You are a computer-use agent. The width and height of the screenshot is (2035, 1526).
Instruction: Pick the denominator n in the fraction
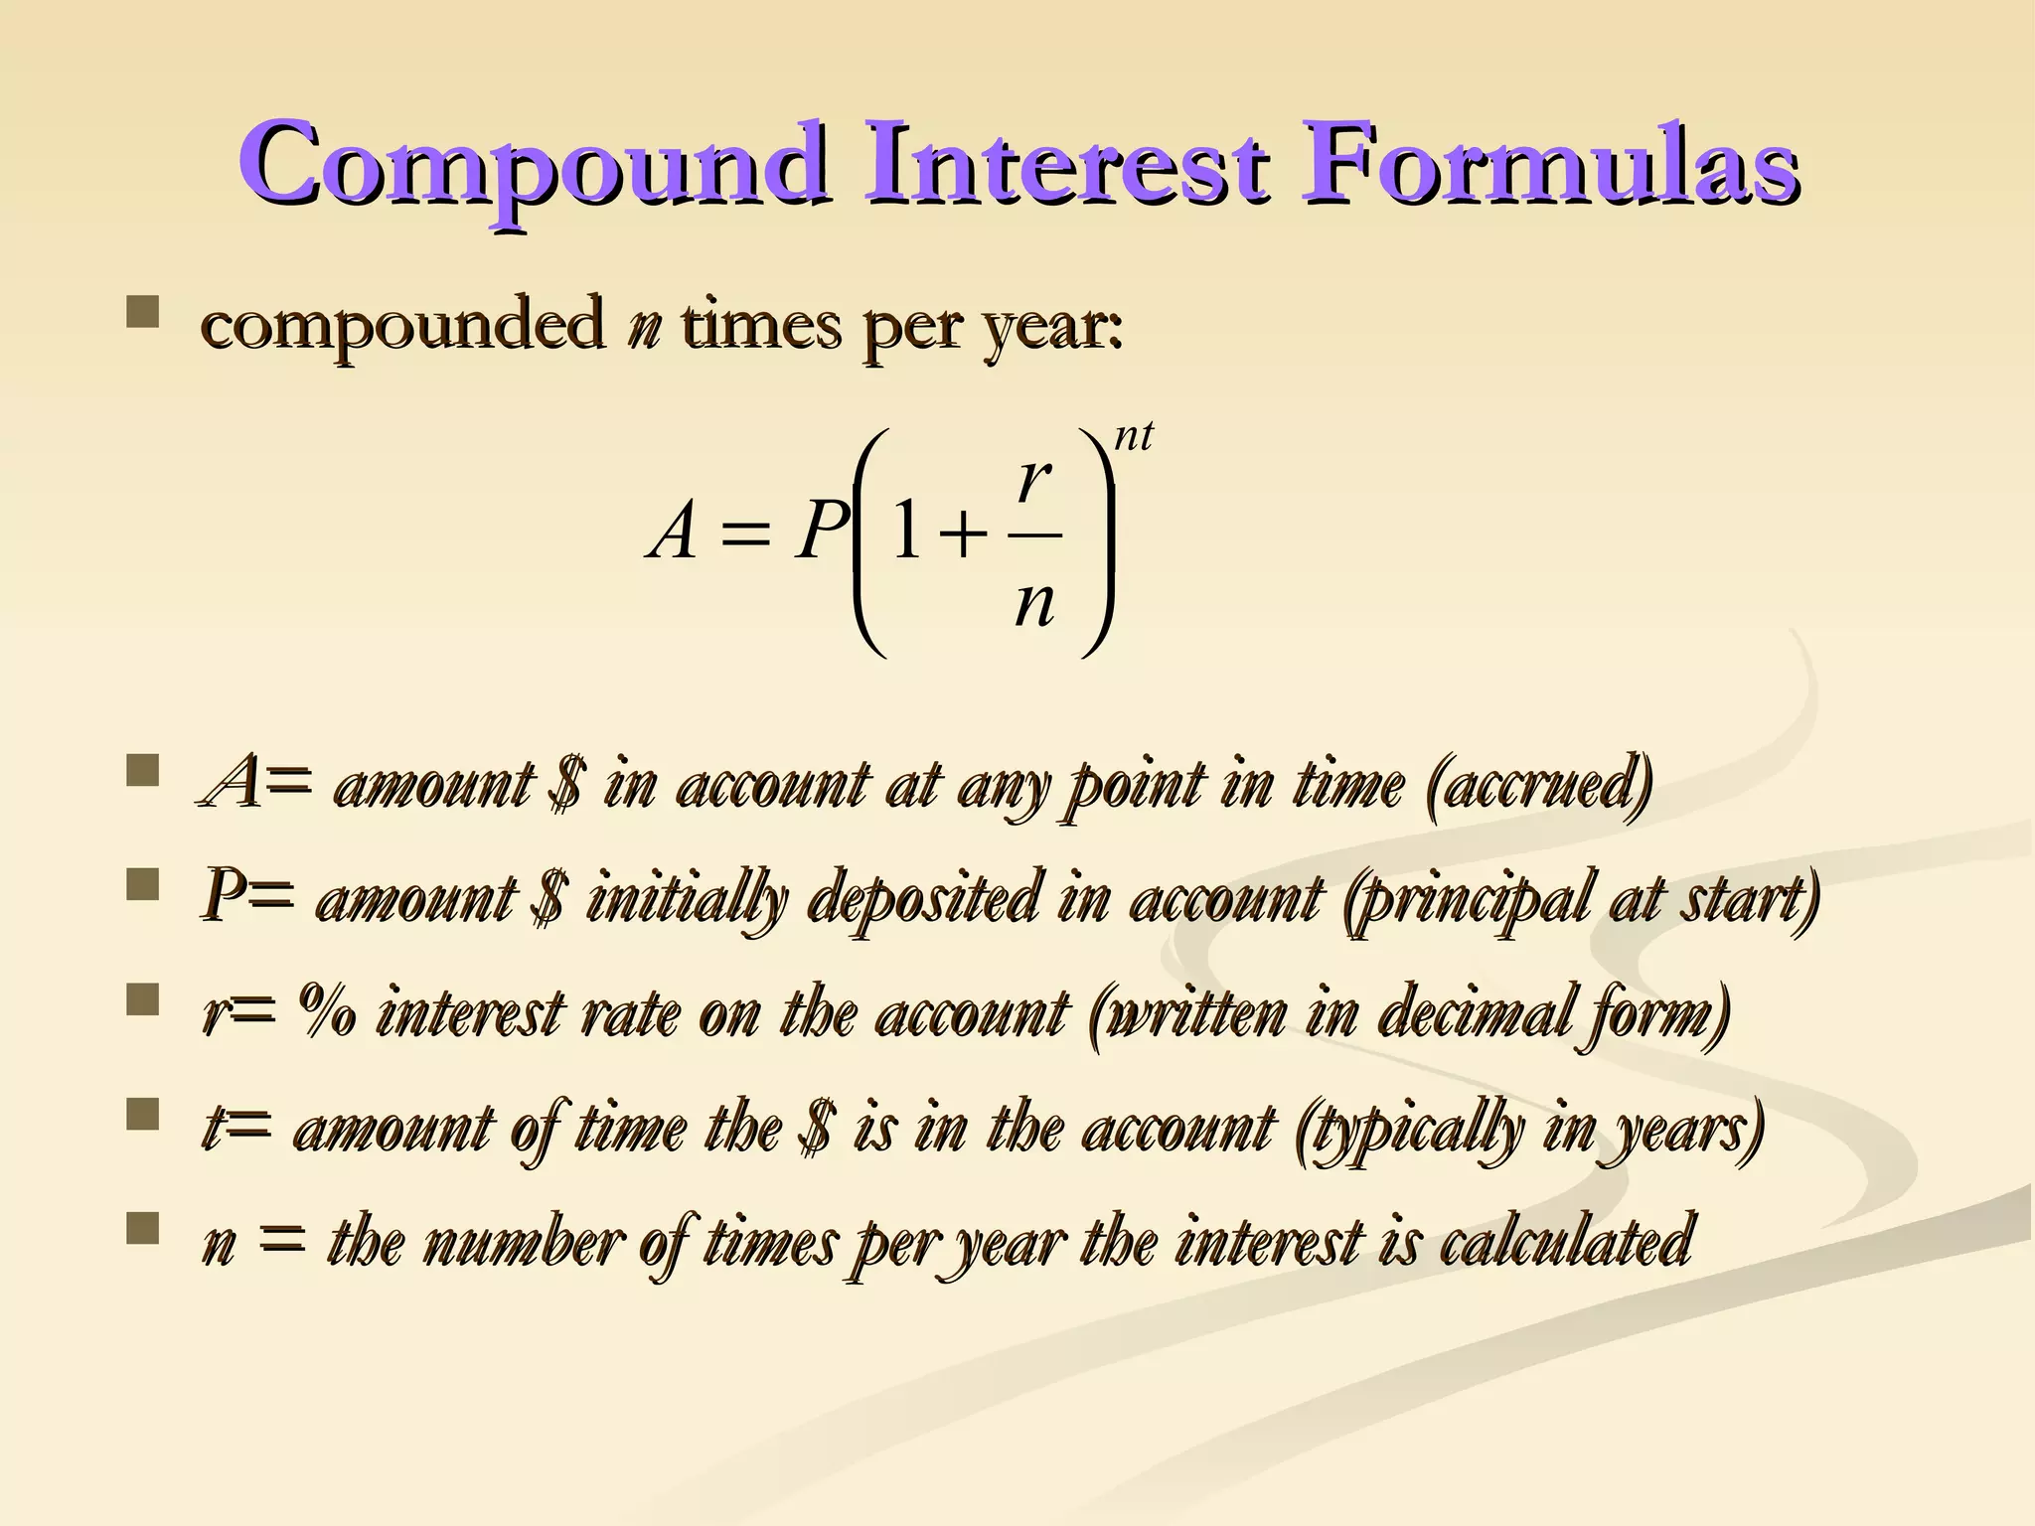tap(1034, 603)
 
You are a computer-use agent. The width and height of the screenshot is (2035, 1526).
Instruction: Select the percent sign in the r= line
tap(327, 1013)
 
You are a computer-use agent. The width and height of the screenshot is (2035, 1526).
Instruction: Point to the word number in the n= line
tap(523, 1242)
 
